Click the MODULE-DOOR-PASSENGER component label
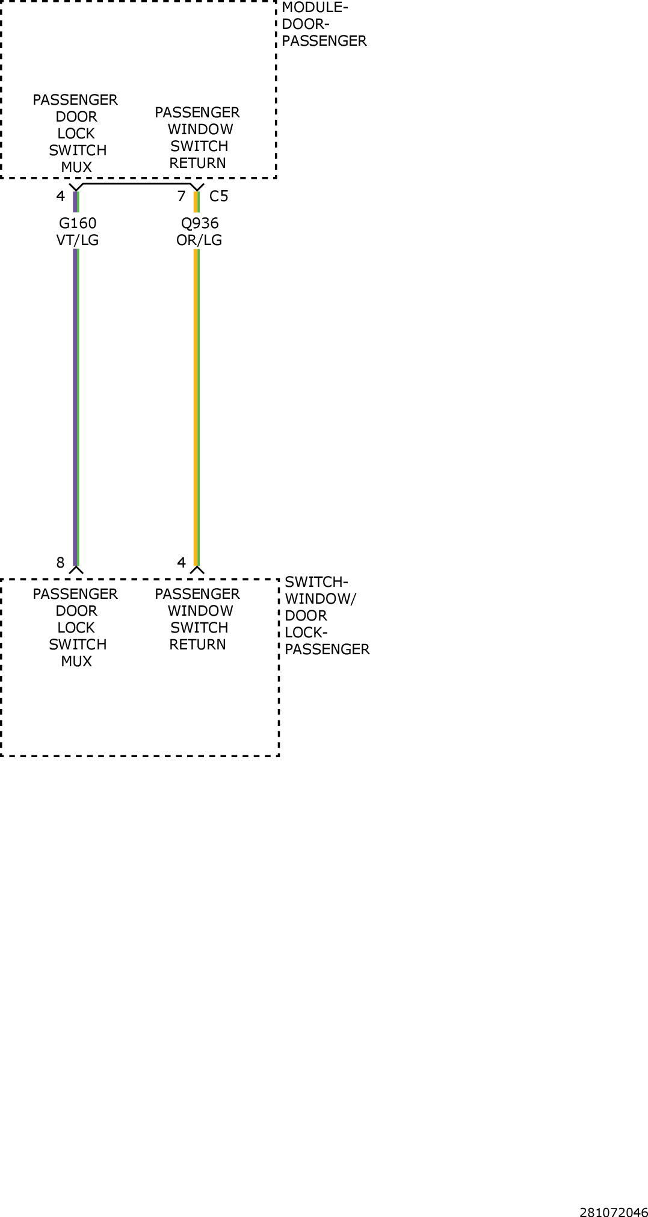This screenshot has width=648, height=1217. tap(324, 24)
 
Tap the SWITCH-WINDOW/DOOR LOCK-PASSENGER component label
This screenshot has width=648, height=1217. tap(327, 615)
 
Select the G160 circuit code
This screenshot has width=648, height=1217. tap(78, 223)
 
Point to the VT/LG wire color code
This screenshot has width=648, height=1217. tap(78, 240)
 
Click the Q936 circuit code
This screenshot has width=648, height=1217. tap(200, 223)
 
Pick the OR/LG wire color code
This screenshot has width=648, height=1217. tap(199, 240)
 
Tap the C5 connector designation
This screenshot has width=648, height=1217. tap(219, 196)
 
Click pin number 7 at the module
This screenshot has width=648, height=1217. tap(181, 196)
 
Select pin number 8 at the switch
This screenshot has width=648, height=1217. tap(60, 563)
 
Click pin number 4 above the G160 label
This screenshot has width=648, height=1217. tap(60, 196)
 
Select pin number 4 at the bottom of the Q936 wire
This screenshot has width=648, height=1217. tap(181, 563)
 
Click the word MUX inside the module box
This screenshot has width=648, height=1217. tap(76, 167)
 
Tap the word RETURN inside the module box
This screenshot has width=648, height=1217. tap(198, 163)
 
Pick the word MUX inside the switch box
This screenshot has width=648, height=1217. tap(76, 661)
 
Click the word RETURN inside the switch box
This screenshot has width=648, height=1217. tap(198, 645)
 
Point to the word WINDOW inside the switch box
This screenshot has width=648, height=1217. tap(200, 611)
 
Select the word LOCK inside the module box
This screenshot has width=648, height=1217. tap(76, 134)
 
